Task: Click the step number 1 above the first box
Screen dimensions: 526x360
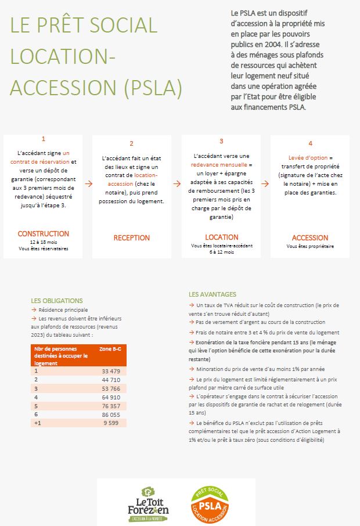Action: pyautogui.click(x=44, y=139)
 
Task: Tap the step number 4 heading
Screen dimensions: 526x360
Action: pyautogui.click(x=310, y=143)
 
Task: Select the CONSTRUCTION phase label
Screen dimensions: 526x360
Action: pyautogui.click(x=44, y=234)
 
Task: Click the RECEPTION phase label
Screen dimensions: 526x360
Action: pyautogui.click(x=132, y=237)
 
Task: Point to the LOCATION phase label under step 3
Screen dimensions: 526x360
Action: pyautogui.click(x=221, y=237)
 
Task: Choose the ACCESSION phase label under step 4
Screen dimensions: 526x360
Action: pyautogui.click(x=310, y=237)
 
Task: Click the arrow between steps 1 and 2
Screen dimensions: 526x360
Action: pyautogui.click(x=88, y=183)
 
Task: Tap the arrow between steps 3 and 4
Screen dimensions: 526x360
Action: pyautogui.click(x=266, y=183)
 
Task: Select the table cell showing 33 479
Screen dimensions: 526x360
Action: pyautogui.click(x=110, y=371)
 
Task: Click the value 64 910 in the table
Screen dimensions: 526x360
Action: pyautogui.click(x=110, y=397)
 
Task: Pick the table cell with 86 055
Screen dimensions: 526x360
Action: pyautogui.click(x=110, y=415)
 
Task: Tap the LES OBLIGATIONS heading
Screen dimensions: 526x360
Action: pyautogui.click(x=57, y=301)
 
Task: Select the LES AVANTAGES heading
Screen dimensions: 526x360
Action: pyautogui.click(x=213, y=294)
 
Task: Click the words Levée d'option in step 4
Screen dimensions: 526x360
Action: pyautogui.click(x=308, y=158)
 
